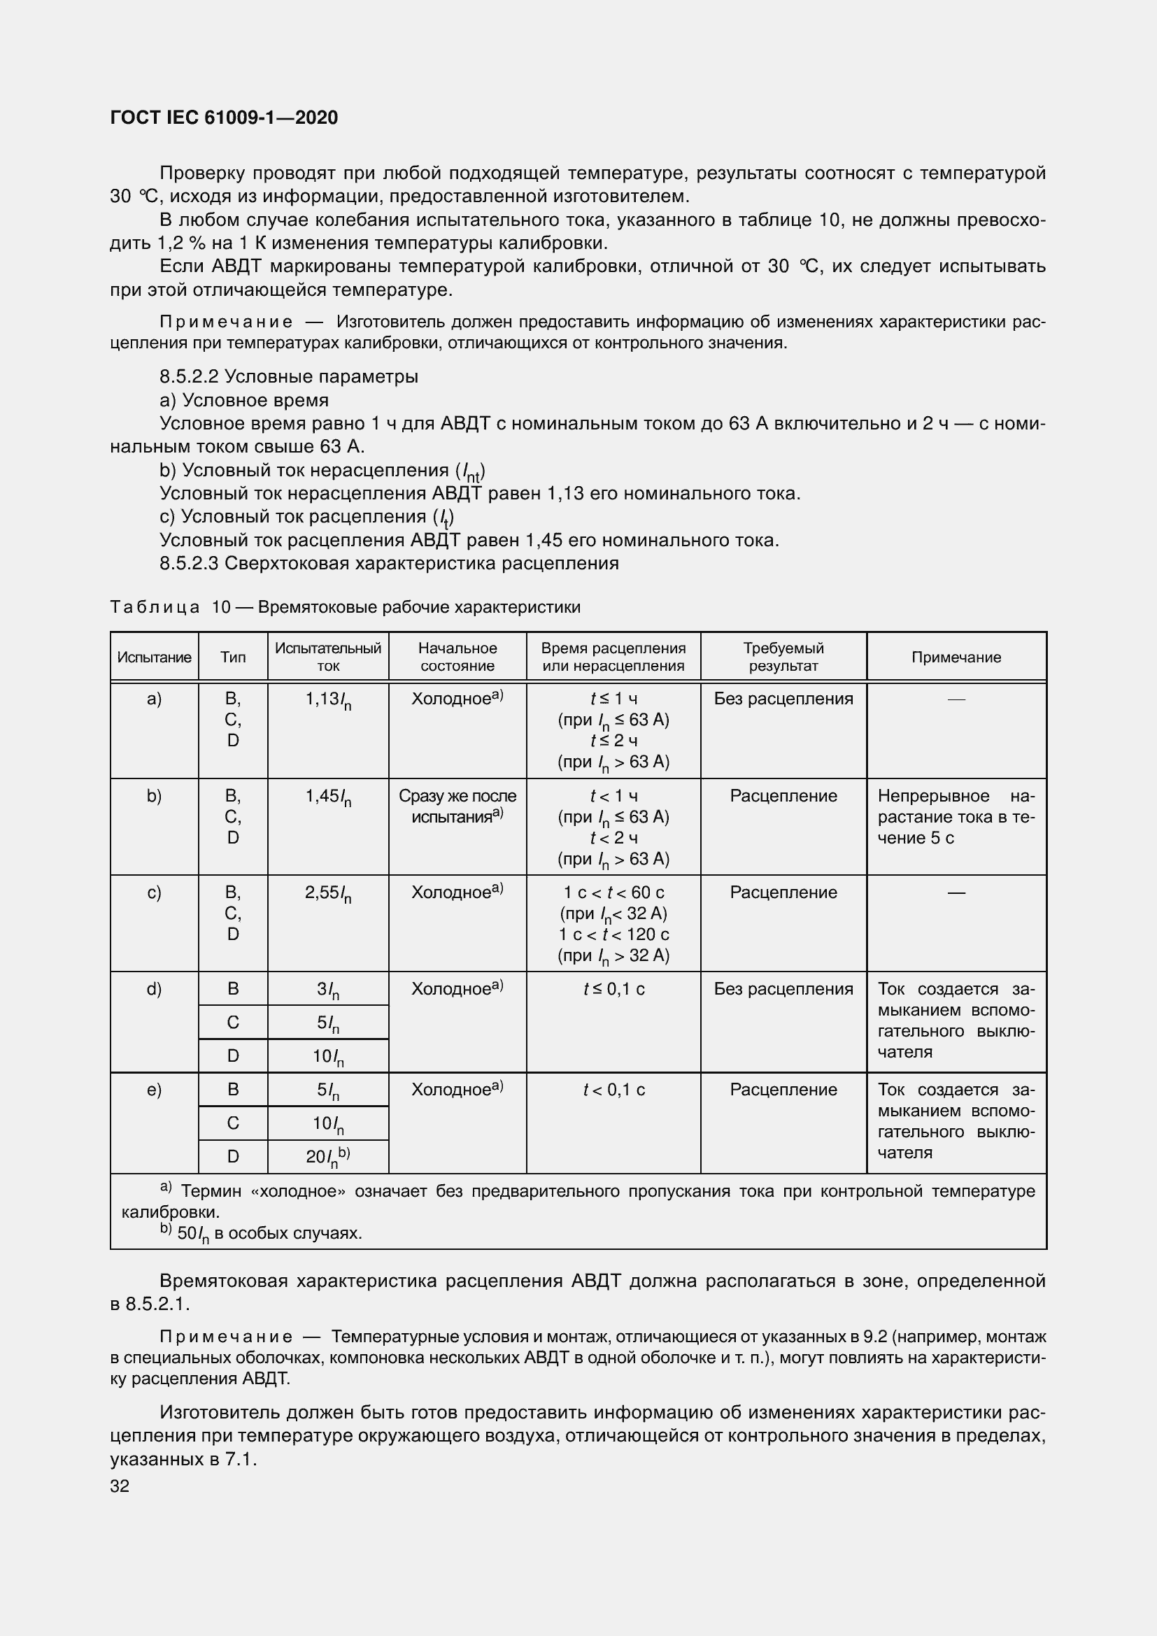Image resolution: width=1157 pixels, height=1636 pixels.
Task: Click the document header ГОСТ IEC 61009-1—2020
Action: click(x=224, y=118)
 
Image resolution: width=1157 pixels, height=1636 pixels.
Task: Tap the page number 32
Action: click(x=120, y=1486)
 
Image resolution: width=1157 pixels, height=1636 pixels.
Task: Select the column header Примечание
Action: click(x=956, y=657)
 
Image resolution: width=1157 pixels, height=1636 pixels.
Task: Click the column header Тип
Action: click(x=233, y=657)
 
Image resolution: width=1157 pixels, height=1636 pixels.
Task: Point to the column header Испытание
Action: click(x=154, y=657)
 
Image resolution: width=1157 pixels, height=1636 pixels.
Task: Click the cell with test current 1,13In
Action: click(x=327, y=700)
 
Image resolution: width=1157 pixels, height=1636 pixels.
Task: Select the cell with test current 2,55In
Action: click(x=327, y=893)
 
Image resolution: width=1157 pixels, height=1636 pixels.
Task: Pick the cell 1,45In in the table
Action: click(x=327, y=797)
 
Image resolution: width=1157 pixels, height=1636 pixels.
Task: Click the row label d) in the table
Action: click(x=154, y=989)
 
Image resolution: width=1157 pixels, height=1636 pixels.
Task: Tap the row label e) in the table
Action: click(x=154, y=1090)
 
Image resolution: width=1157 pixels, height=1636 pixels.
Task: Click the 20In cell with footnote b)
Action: click(x=327, y=1157)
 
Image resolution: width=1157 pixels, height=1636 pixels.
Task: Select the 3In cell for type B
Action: click(x=327, y=990)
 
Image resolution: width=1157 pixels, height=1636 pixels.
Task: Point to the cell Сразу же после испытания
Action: click(x=457, y=806)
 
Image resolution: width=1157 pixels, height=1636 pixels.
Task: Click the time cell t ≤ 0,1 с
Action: click(x=613, y=989)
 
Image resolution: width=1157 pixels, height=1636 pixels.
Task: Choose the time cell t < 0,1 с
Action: click(x=613, y=1090)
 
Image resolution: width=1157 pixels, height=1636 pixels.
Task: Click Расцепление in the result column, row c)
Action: click(x=783, y=892)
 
